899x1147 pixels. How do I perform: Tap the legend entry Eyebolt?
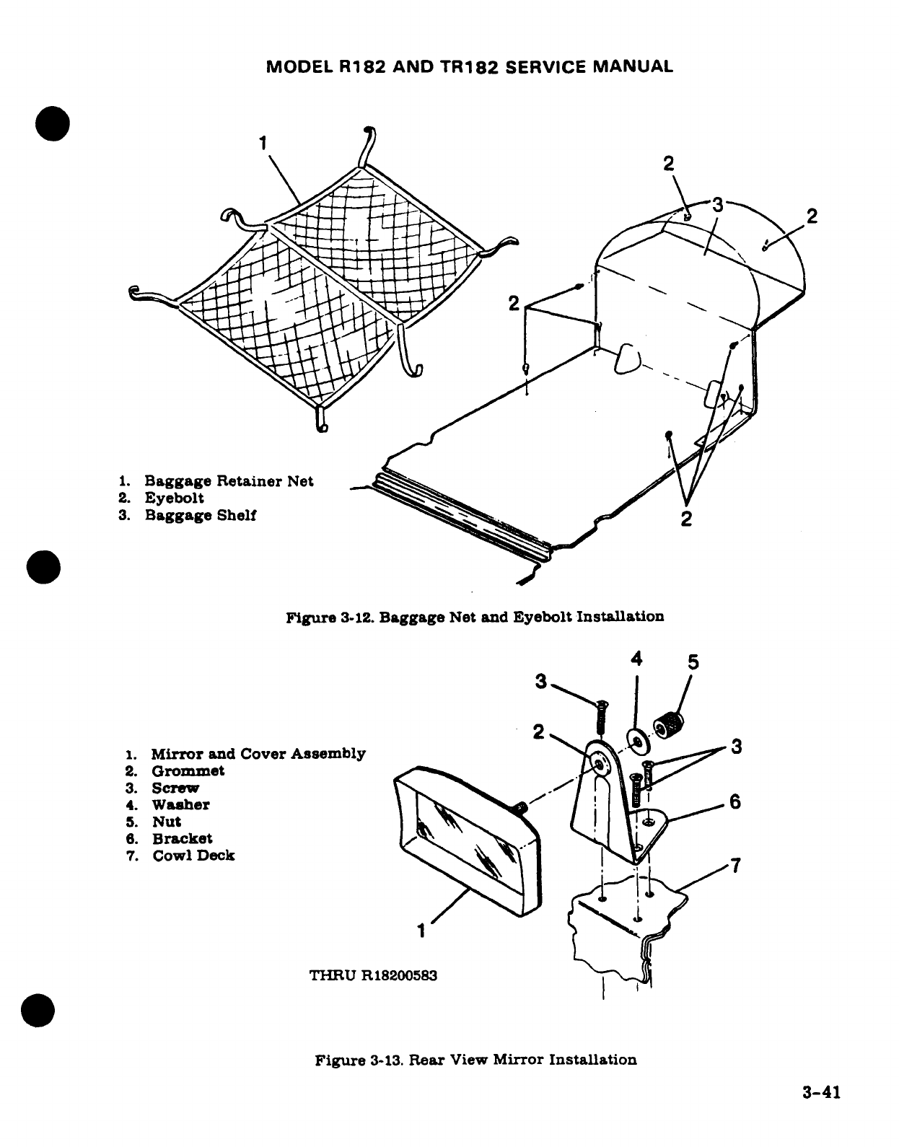174,498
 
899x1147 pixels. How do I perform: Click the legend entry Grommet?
188,771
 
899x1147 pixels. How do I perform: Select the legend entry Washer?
180,805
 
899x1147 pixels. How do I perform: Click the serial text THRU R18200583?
373,976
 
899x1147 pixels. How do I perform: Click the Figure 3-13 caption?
476,1060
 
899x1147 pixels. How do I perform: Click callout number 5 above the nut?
693,662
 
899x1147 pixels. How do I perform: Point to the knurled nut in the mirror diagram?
669,724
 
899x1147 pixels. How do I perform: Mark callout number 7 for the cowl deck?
734,866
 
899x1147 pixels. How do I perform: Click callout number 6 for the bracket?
734,802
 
